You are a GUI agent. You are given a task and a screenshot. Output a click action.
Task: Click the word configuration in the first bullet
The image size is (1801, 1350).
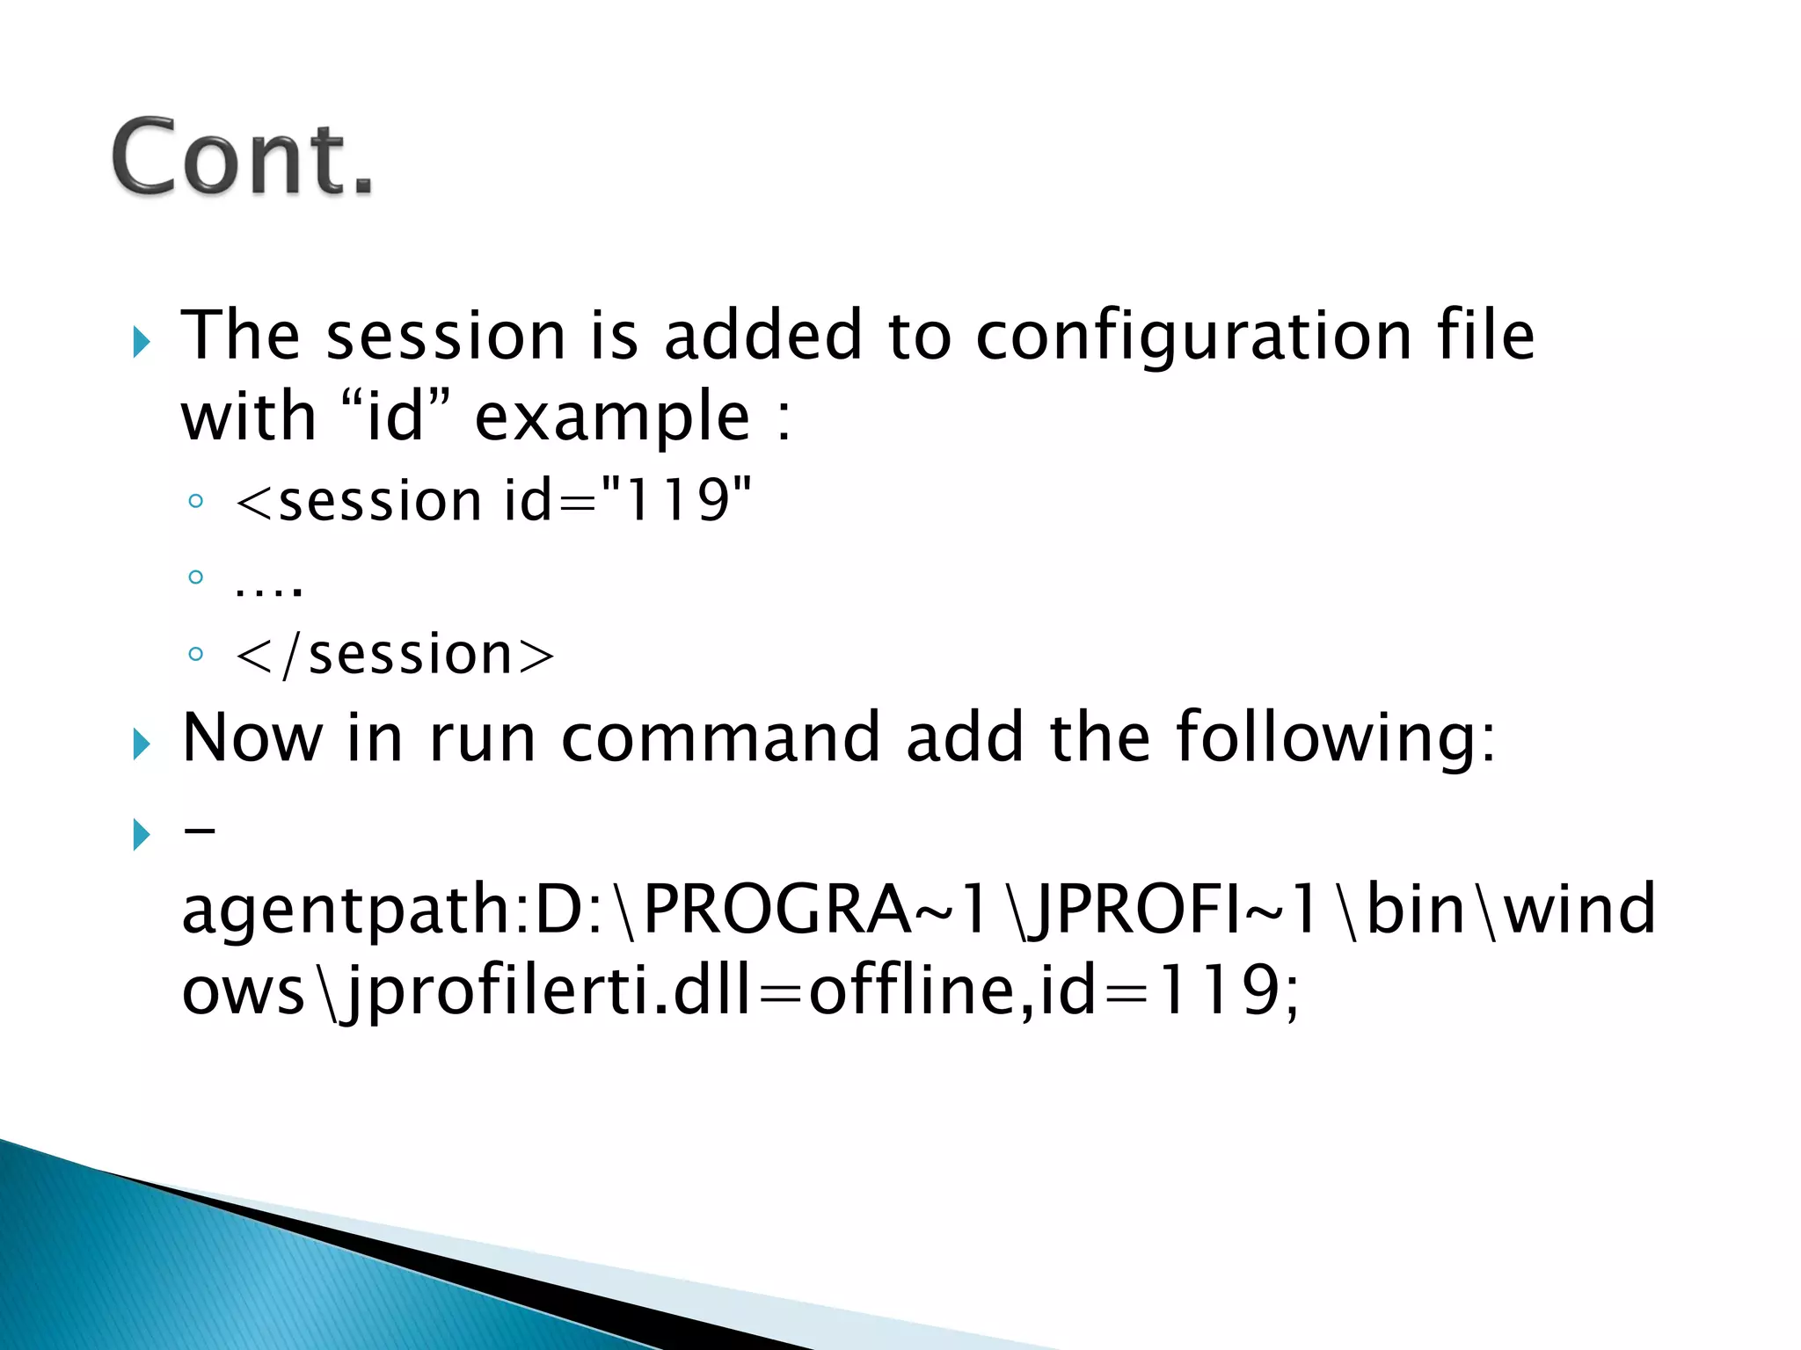1193,336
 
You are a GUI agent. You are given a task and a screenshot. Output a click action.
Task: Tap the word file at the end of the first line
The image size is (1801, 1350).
1485,336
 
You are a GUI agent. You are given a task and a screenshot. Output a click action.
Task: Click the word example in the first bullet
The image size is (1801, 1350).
613,417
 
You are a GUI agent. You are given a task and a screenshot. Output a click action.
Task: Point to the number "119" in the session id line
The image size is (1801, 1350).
676,500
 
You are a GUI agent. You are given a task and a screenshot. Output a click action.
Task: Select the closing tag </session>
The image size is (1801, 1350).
396,655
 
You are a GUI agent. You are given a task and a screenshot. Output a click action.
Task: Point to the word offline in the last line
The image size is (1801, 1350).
911,990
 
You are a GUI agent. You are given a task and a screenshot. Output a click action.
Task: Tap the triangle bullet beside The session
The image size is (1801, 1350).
142,341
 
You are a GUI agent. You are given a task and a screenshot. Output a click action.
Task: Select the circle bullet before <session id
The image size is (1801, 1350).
196,502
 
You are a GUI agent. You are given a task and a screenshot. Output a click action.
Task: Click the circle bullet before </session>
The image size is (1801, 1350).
196,655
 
